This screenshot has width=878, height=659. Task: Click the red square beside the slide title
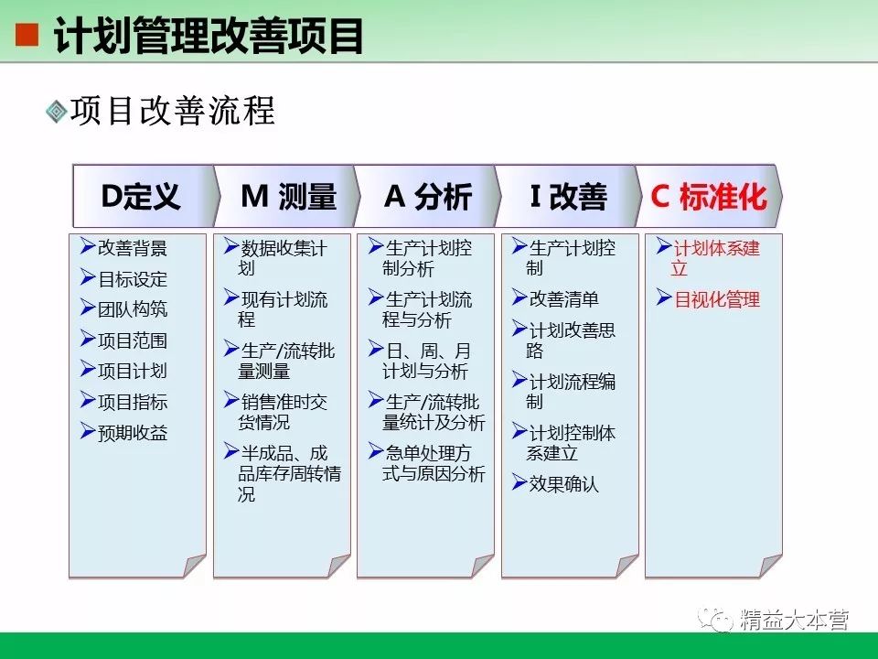(x=27, y=36)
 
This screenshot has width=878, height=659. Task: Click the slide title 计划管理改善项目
(x=209, y=36)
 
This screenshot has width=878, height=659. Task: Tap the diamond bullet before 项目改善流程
(x=56, y=111)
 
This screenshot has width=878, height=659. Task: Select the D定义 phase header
(x=141, y=197)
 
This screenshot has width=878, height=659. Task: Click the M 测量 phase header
(x=288, y=197)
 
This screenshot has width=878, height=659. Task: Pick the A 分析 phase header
(x=428, y=197)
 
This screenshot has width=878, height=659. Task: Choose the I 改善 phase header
(x=568, y=197)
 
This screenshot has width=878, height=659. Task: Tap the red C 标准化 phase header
(x=709, y=197)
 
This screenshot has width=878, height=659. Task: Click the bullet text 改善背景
(x=132, y=248)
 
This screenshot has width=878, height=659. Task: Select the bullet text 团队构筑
(x=132, y=309)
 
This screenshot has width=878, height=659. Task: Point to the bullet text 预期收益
(x=132, y=433)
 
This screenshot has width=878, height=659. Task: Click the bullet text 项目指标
(x=132, y=402)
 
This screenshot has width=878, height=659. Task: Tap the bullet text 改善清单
(x=563, y=298)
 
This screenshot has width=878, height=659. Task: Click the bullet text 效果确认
(x=563, y=483)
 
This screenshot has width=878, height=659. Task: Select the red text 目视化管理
(x=717, y=299)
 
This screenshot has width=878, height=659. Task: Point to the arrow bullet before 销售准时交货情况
(x=231, y=400)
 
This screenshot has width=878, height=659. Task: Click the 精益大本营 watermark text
(x=794, y=620)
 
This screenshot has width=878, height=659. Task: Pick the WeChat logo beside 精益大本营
(x=715, y=620)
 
